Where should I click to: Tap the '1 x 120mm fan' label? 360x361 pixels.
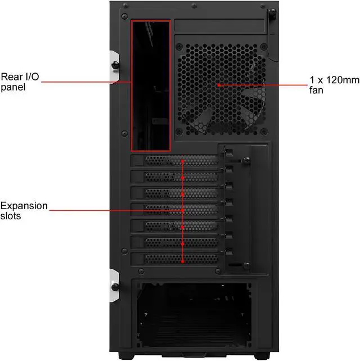tap(334, 85)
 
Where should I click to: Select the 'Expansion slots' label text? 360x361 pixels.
tap(24, 210)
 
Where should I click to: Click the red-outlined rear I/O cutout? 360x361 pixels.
tap(151, 85)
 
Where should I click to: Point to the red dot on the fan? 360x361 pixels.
tap(218, 85)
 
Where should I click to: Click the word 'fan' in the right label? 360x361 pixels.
tap(316, 90)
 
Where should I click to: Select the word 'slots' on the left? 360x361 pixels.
tap(11, 215)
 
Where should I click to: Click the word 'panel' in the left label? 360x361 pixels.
tap(12, 87)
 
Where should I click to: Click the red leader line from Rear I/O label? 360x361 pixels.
tap(84, 82)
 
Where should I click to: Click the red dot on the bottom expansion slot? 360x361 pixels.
tap(183, 260)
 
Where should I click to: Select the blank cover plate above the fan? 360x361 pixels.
tap(219, 26)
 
